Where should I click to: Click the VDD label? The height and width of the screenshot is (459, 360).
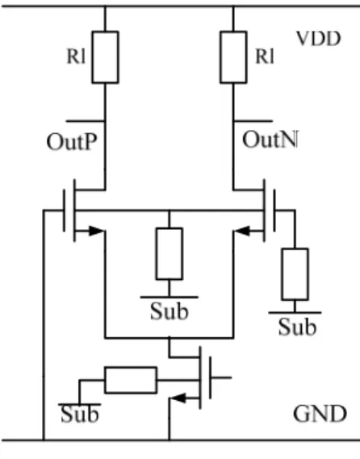pyautogui.click(x=319, y=39)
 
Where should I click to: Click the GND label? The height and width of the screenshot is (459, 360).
pyautogui.click(x=320, y=414)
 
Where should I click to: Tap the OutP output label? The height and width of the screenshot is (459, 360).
pyautogui.click(x=72, y=142)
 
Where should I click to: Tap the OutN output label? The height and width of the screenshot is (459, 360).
pyautogui.click(x=270, y=140)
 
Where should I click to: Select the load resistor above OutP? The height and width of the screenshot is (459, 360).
pyautogui.click(x=106, y=57)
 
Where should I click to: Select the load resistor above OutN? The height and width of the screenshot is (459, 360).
pyautogui.click(x=233, y=57)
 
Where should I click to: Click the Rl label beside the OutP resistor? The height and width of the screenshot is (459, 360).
pyautogui.click(x=76, y=56)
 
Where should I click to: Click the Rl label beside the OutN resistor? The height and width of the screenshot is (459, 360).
pyautogui.click(x=265, y=56)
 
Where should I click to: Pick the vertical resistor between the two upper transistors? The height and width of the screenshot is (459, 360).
pyautogui.click(x=170, y=254)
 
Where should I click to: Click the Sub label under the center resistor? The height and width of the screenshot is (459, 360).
pyautogui.click(x=169, y=311)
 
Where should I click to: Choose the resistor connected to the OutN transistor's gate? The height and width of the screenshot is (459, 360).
pyautogui.click(x=295, y=274)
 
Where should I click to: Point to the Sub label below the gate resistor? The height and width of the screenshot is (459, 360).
pyautogui.click(x=297, y=327)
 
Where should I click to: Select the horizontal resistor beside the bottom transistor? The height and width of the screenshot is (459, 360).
pyautogui.click(x=131, y=380)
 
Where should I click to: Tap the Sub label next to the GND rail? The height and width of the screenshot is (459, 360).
pyautogui.click(x=80, y=414)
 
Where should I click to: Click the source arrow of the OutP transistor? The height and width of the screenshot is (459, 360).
pyautogui.click(x=96, y=231)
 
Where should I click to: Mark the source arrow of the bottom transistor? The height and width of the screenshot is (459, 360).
pyautogui.click(x=178, y=398)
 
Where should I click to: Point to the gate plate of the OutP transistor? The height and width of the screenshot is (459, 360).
pyautogui.click(x=64, y=211)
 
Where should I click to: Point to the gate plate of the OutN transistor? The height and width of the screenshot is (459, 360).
pyautogui.click(x=274, y=211)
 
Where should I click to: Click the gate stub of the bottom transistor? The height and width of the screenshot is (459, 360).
pyautogui.click(x=221, y=378)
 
